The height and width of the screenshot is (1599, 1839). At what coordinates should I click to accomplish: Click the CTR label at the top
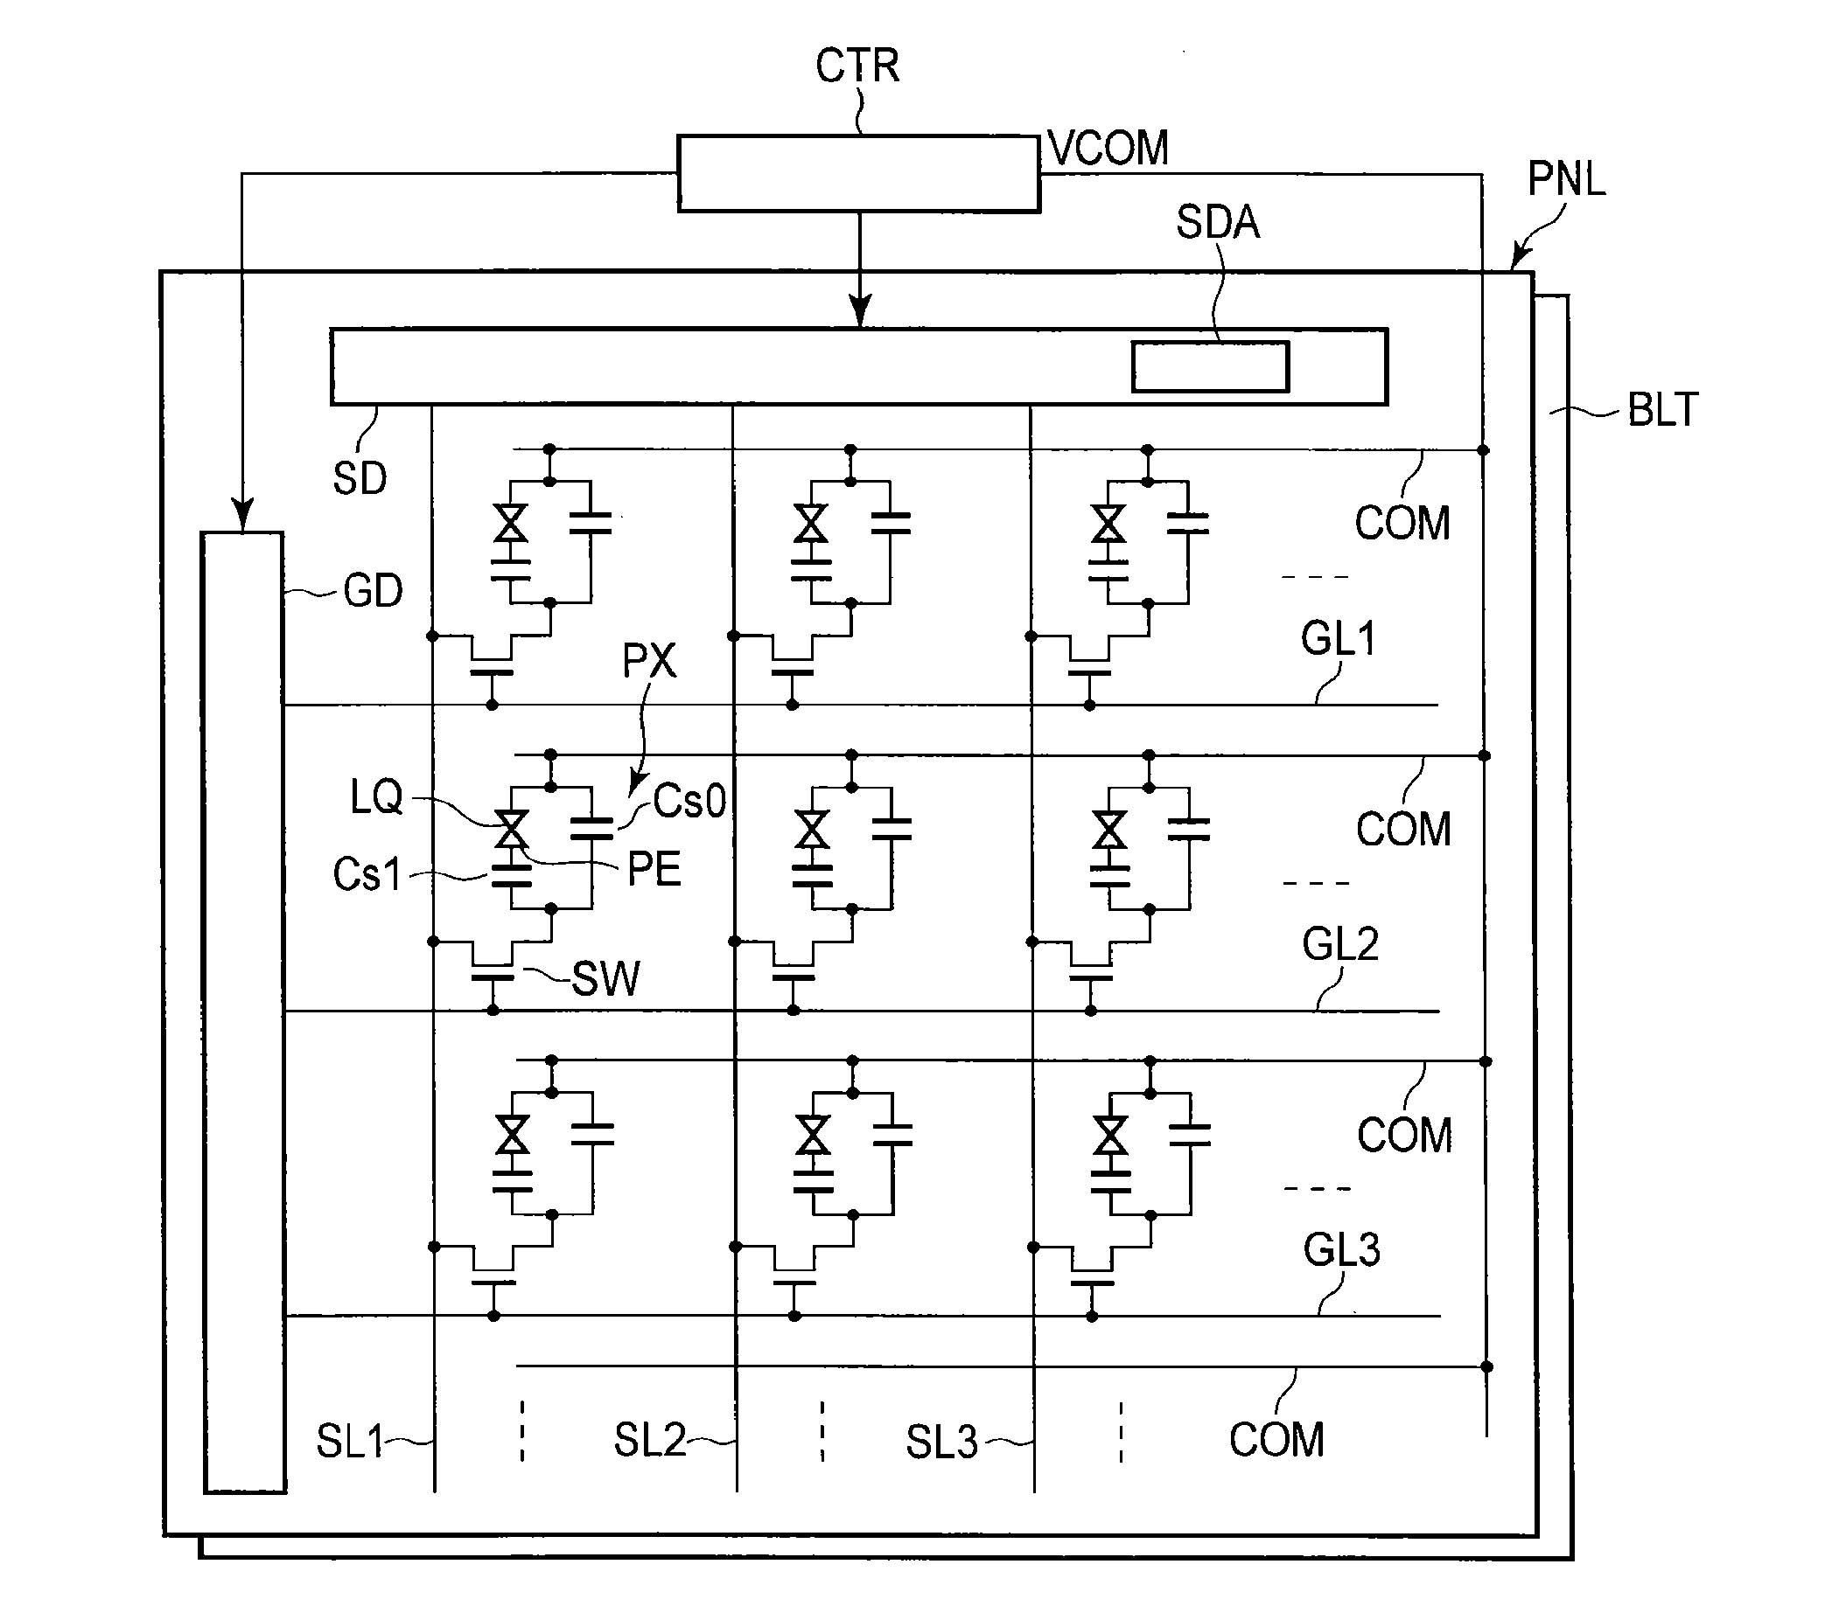click(857, 66)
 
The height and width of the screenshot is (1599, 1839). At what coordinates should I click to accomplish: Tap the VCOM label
click(1108, 147)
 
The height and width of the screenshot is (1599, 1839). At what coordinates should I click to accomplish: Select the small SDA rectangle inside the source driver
click(1210, 365)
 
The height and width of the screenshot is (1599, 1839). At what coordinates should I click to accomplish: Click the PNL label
click(1567, 178)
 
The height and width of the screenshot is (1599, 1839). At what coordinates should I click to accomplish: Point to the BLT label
click(1663, 409)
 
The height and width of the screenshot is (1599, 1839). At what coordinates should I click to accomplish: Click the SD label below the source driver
click(360, 478)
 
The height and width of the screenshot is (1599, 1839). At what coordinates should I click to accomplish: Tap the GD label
click(374, 591)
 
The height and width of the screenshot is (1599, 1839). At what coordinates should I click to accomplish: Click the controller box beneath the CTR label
click(859, 173)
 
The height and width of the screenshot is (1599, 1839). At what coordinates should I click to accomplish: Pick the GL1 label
click(1339, 638)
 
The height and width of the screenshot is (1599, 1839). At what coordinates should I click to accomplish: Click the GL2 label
click(1340, 943)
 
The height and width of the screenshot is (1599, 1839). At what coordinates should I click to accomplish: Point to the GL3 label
click(1342, 1249)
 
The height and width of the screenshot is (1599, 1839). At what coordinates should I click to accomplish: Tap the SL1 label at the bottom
click(349, 1441)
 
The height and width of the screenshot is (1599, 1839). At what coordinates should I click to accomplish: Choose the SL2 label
click(650, 1440)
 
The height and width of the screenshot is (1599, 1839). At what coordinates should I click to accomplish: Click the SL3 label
click(942, 1442)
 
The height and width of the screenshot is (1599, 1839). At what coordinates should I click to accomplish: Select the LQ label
click(376, 796)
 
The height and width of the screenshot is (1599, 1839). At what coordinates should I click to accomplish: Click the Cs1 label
click(367, 873)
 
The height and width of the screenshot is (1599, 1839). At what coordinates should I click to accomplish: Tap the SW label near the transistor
click(605, 979)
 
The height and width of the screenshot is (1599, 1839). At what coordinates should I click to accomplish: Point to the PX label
click(649, 660)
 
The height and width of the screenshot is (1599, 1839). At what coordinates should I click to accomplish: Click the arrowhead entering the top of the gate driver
click(243, 516)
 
